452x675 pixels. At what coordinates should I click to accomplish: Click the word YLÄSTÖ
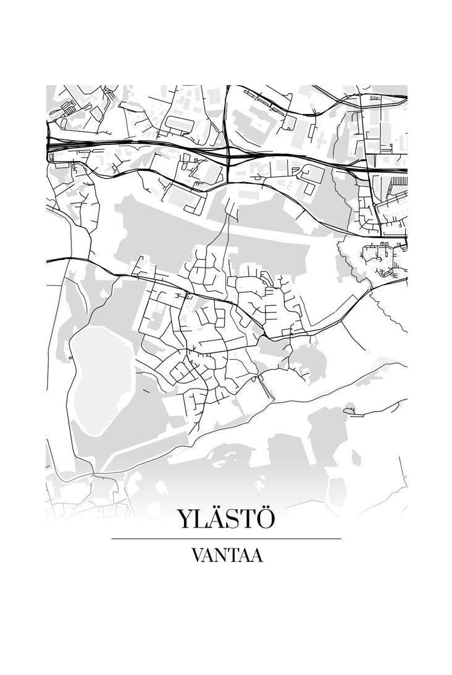coord(226,520)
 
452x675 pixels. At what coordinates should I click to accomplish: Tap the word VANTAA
coord(226,555)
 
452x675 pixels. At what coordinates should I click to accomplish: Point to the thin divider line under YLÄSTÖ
coord(226,539)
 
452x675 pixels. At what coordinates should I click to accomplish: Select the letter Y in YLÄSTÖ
coord(186,520)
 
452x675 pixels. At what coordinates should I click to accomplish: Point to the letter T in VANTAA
coord(235,555)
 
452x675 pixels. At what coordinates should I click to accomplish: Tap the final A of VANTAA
coord(256,555)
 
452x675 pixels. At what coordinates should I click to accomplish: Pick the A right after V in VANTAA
coord(210,555)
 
